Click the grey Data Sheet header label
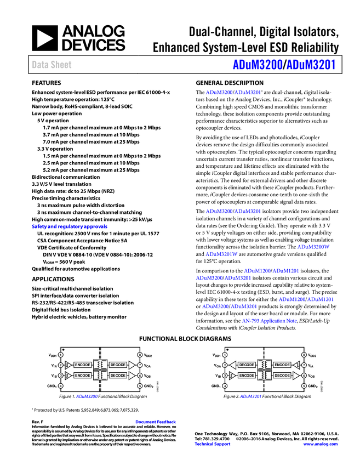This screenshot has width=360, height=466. [x=52, y=65]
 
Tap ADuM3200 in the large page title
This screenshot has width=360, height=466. [x=257, y=65]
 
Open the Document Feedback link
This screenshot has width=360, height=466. [x=156, y=422]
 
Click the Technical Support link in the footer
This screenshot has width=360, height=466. [x=213, y=444]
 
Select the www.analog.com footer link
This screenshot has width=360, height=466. [x=321, y=444]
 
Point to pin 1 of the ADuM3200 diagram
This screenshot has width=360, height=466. [x=61, y=355]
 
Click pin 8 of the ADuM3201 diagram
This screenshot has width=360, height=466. [x=304, y=355]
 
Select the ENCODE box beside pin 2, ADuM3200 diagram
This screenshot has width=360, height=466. [x=83, y=365]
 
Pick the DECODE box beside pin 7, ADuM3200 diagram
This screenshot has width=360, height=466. [x=118, y=365]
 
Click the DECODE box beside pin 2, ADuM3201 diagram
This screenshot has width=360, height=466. [x=247, y=365]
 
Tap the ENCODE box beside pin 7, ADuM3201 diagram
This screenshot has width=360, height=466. [x=282, y=365]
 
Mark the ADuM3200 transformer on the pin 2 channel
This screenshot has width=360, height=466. [x=100, y=365]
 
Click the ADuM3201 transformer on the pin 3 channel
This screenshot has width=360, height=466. [x=264, y=376]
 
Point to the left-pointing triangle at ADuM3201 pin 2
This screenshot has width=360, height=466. [x=233, y=365]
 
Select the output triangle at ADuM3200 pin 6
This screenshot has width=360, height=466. [x=132, y=376]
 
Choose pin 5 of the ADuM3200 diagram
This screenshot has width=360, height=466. [x=140, y=386]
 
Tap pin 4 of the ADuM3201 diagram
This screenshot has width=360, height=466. [x=225, y=386]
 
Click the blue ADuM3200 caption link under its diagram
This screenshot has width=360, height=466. [x=87, y=397]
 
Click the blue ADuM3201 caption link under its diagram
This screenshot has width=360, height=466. [x=250, y=397]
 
